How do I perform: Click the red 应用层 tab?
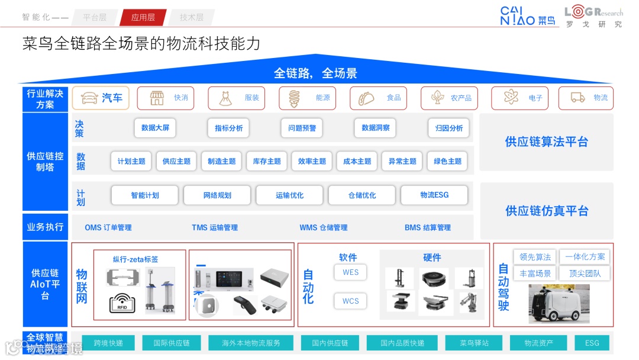(143, 17)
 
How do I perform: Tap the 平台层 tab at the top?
(95, 17)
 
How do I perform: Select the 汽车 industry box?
(101, 98)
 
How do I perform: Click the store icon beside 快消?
(157, 98)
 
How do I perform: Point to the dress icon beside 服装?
(226, 98)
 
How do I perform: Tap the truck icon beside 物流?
(577, 98)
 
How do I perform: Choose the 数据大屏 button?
(155, 128)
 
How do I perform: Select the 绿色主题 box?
(447, 161)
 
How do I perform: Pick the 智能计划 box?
(145, 195)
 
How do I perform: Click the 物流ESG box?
(434, 195)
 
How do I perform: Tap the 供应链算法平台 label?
(546, 142)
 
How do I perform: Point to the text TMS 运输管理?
(215, 227)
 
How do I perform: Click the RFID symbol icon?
(122, 303)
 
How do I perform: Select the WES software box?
(350, 272)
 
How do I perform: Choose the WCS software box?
(350, 301)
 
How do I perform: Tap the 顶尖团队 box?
(585, 274)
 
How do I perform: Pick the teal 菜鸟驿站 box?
(474, 343)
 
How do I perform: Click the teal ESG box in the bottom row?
(592, 343)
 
